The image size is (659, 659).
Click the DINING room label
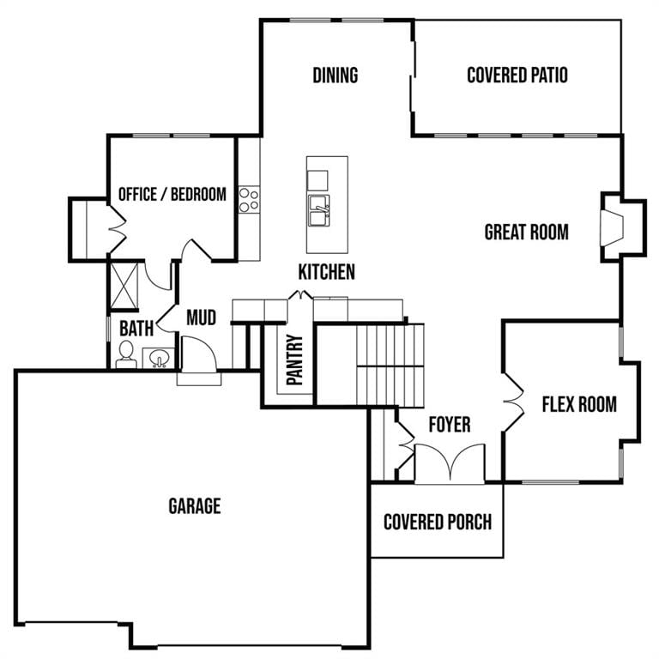(x=335, y=76)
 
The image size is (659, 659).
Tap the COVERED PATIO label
(x=517, y=76)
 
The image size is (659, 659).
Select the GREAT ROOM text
(x=526, y=232)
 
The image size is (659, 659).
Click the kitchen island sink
(x=319, y=209)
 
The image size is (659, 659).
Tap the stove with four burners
(x=249, y=200)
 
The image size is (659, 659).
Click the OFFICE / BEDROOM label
(x=172, y=194)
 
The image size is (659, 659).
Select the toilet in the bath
(x=126, y=354)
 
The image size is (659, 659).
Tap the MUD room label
(x=201, y=318)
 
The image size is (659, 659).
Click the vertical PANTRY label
(x=295, y=360)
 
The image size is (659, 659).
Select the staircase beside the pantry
(x=390, y=365)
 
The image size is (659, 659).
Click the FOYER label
(x=449, y=424)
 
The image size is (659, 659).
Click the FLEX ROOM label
(x=578, y=403)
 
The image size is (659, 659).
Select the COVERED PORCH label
(x=437, y=522)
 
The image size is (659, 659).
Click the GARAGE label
(x=194, y=506)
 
